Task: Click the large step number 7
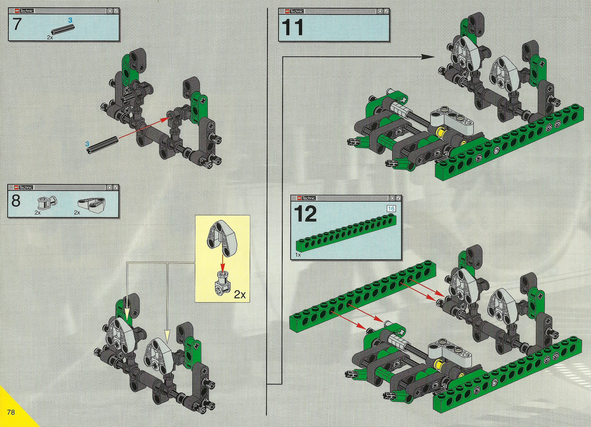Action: (x=17, y=24)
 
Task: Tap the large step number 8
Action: (x=16, y=201)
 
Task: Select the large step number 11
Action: (x=292, y=27)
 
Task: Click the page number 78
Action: (x=11, y=412)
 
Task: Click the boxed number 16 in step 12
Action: (x=391, y=209)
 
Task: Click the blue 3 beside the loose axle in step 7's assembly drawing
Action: (x=87, y=144)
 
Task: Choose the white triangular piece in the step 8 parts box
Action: (x=91, y=204)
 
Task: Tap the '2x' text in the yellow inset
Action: (x=240, y=295)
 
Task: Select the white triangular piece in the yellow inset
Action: (x=222, y=239)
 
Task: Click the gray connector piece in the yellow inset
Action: (x=222, y=284)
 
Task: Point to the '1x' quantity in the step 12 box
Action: (x=298, y=255)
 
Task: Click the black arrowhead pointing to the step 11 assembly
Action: (x=428, y=57)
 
